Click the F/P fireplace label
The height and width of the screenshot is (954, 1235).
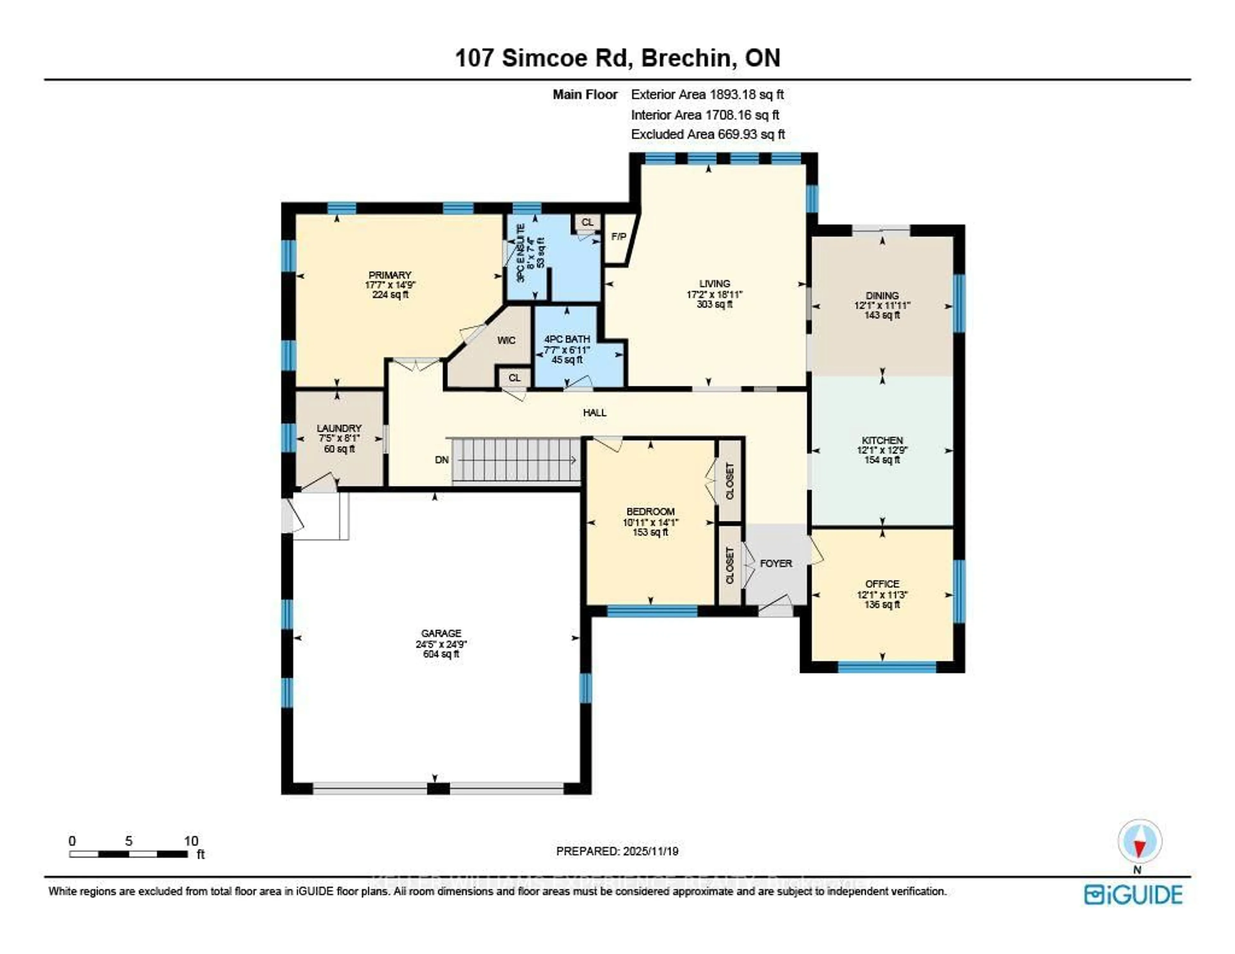pos(619,236)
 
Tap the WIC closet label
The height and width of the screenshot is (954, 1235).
pos(506,340)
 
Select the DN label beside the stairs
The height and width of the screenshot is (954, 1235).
pos(442,460)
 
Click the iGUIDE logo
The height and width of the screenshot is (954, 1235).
pos(1133,895)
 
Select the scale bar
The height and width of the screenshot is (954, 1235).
pos(129,854)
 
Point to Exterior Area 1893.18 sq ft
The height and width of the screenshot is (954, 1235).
pos(707,95)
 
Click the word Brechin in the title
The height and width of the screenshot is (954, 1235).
pos(686,58)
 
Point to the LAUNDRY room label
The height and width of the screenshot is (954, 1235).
pos(339,428)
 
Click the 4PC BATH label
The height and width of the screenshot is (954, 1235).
pos(567,339)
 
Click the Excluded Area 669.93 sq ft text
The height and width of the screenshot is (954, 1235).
pos(708,134)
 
